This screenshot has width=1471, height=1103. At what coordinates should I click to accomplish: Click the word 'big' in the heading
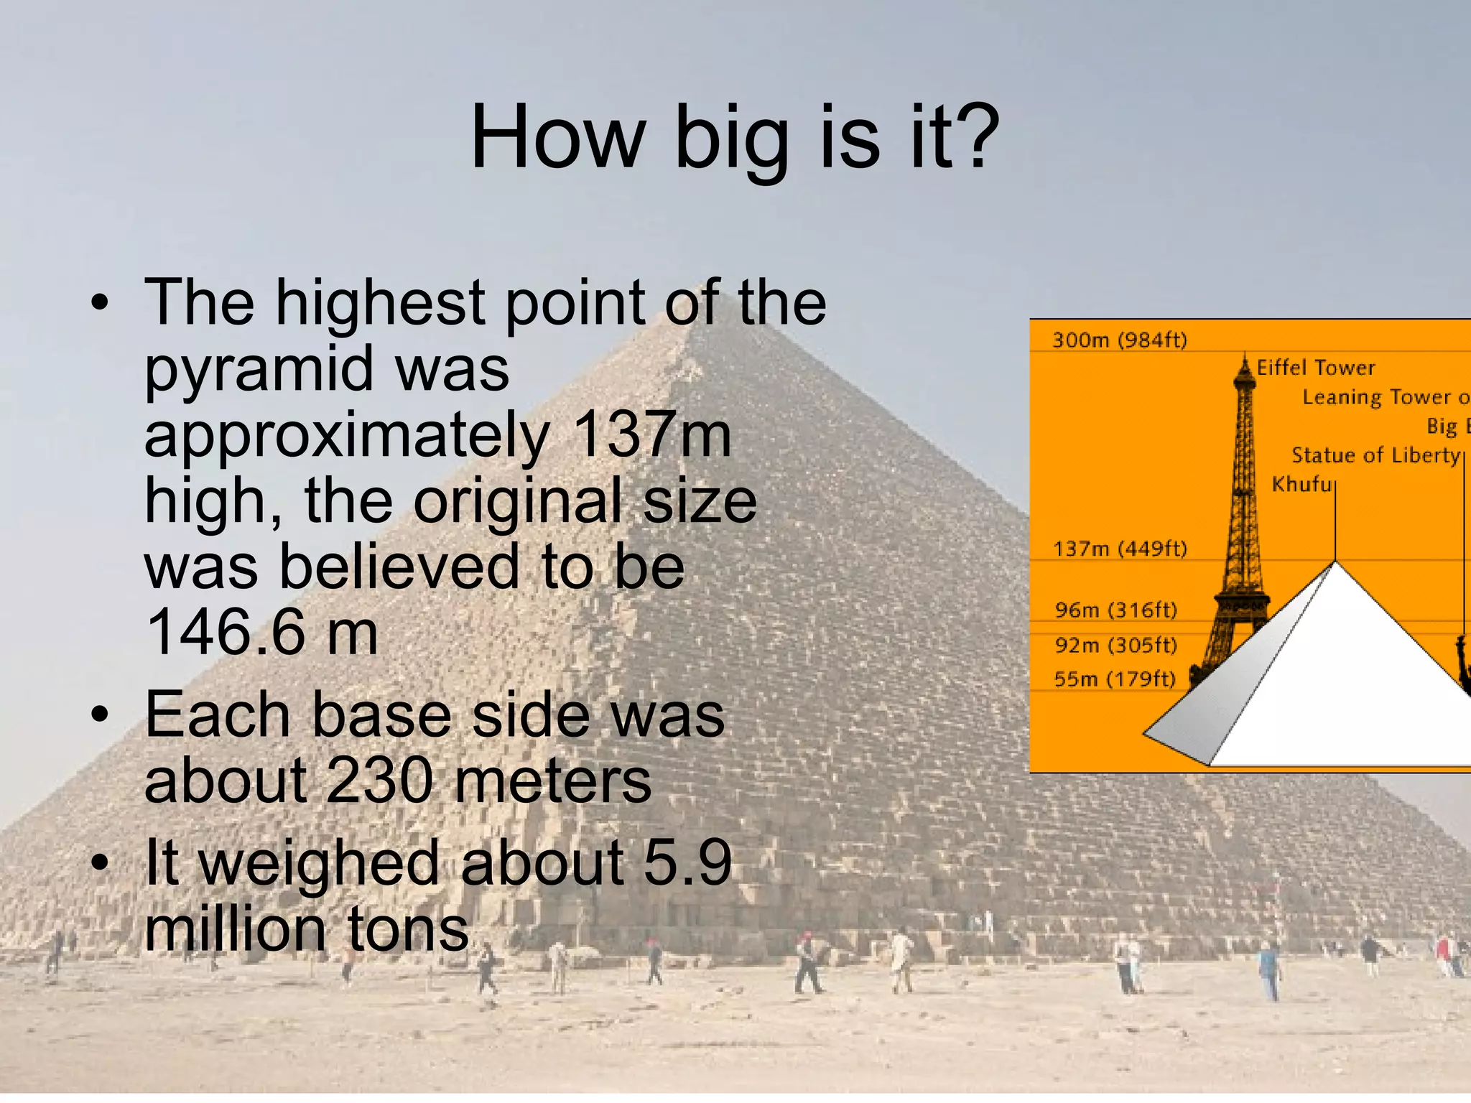[x=731, y=140]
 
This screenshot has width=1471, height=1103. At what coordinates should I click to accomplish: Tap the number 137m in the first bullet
[x=651, y=434]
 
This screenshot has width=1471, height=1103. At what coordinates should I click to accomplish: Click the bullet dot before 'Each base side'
[x=100, y=715]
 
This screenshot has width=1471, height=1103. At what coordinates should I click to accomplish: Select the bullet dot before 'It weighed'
[x=100, y=862]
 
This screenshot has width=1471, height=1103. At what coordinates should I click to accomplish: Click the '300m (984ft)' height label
[x=1119, y=340]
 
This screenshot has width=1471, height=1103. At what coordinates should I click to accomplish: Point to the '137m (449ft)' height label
[x=1119, y=549]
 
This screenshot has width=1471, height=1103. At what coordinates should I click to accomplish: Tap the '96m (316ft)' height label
[x=1115, y=610]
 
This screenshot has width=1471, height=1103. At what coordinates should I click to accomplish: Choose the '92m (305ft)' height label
[x=1115, y=645]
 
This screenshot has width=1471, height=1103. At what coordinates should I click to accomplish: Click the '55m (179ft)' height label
[x=1114, y=679]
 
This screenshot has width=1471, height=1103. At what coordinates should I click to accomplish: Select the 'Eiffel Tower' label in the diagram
[x=1315, y=368]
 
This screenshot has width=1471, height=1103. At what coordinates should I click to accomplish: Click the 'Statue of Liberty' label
[x=1375, y=455]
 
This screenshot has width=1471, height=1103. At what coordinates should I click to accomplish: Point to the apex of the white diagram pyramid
[x=1335, y=562]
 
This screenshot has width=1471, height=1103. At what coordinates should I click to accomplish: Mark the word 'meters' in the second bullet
[x=553, y=781]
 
